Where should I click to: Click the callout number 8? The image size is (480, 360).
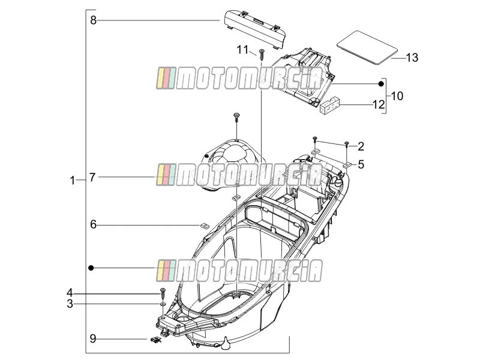point(94,20)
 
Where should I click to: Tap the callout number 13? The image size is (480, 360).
point(412,58)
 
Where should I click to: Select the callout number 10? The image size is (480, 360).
point(397,96)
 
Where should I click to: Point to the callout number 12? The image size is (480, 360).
point(379,104)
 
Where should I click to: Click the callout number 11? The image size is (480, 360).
point(242,50)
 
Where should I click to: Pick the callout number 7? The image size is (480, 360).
point(92,177)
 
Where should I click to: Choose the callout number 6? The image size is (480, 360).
point(94,224)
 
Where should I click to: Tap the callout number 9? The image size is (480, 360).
point(93,338)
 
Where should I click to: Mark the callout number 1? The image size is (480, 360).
point(72,181)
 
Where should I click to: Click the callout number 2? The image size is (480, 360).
point(361,146)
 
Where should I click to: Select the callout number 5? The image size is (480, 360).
point(361,164)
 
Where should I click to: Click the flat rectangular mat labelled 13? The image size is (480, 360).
point(367,47)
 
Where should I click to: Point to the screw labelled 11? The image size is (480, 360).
point(262,55)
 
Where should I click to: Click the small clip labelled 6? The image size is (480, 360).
point(202,226)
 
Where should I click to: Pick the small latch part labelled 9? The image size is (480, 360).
point(156,340)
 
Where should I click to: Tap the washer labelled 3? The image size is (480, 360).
point(163,304)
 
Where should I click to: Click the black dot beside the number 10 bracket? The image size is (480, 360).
point(381,84)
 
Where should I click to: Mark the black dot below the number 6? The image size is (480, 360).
point(91,268)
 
